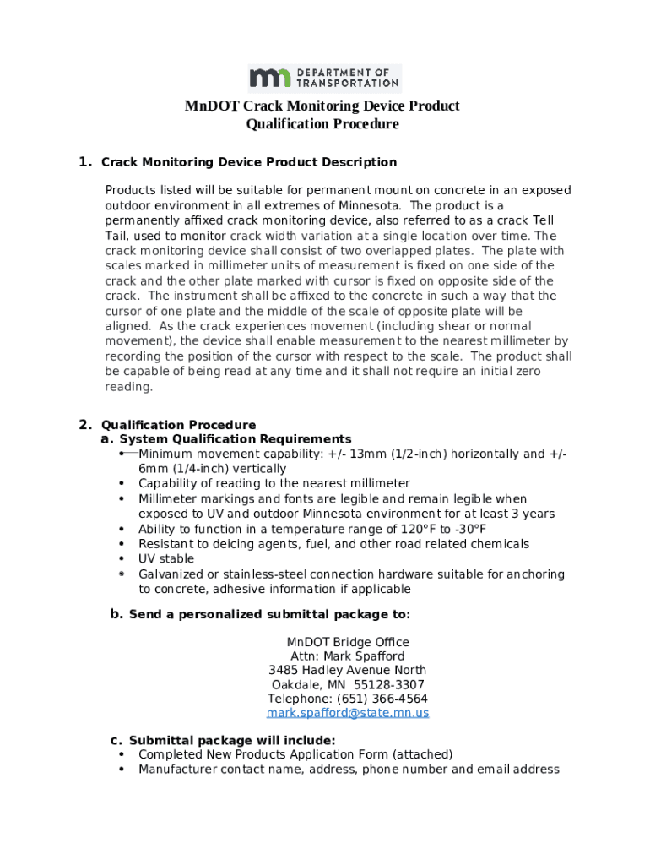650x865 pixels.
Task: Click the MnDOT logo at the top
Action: tap(324, 78)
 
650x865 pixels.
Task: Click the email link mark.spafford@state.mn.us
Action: tap(348, 713)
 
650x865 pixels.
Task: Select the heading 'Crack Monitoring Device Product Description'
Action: tap(248, 162)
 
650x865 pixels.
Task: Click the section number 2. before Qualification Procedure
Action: tap(84, 425)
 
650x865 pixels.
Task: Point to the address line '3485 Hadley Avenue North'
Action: tap(348, 671)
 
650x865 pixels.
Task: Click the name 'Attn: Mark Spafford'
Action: tap(348, 656)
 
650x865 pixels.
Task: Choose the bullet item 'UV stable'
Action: tap(166, 559)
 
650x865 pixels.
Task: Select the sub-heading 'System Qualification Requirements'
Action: tap(236, 439)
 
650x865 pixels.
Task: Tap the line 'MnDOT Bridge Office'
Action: tap(348, 642)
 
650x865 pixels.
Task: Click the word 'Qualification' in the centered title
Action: tap(283, 125)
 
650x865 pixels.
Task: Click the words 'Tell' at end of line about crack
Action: tap(543, 220)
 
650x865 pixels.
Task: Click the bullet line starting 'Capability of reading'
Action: tap(274, 484)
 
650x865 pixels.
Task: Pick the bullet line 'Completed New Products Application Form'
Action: tap(295, 754)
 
